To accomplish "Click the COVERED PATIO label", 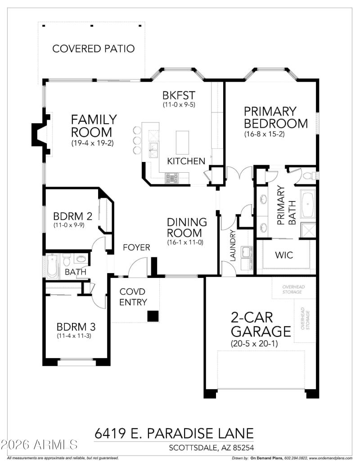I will point(93,49).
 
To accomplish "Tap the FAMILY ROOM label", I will point(94,126).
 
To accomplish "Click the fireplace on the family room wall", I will point(40,134).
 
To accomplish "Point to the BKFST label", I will point(179,95).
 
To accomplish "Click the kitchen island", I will point(182,143).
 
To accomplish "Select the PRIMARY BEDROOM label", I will point(276,117).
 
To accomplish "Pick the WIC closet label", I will point(283,255).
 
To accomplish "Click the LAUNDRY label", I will point(233,246).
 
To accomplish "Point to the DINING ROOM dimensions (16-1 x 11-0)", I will point(187,242).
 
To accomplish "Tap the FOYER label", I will point(136,248).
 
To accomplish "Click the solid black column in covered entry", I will point(153,316).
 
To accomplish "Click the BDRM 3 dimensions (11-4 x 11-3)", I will point(74,336).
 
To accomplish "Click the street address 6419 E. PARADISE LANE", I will point(174,434).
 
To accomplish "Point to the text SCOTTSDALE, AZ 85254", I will point(211,448).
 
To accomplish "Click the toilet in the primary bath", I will point(309,175).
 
